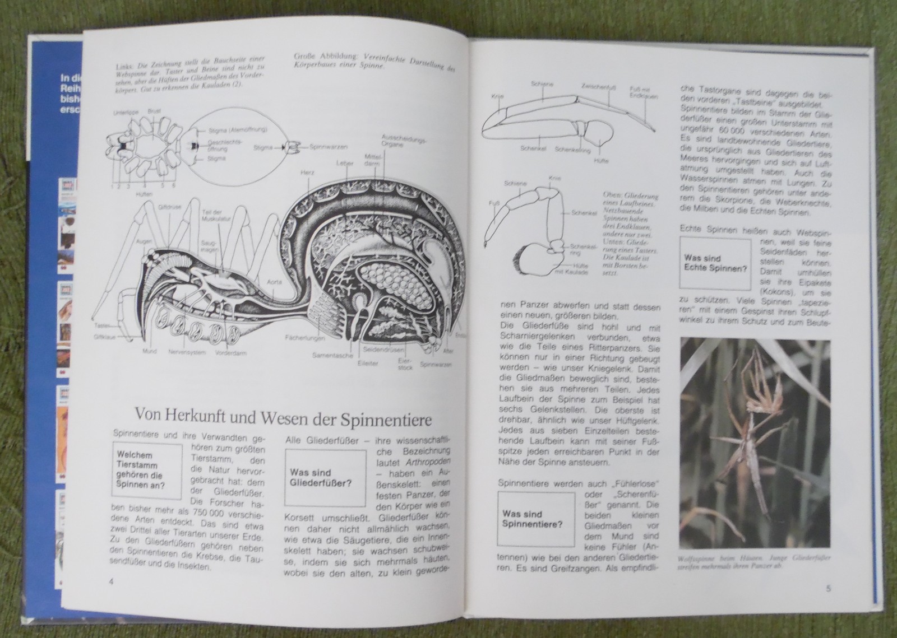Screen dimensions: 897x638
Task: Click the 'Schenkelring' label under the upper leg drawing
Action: (570, 150)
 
